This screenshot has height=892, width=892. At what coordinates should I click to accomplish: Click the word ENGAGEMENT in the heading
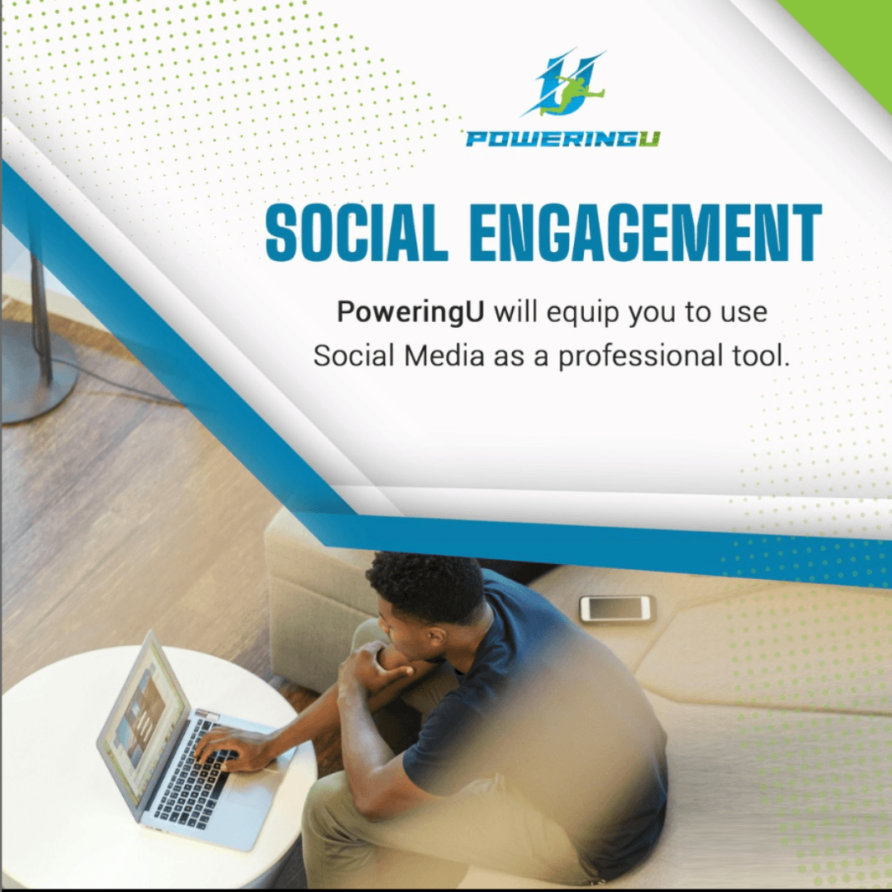(645, 232)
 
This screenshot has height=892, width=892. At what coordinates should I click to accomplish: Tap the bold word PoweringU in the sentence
(410, 311)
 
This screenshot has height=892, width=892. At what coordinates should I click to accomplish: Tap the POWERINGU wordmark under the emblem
(562, 139)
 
